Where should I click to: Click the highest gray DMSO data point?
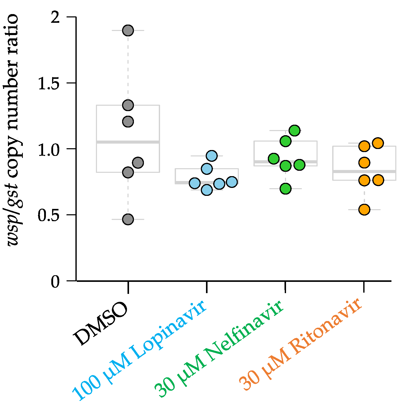click(128, 30)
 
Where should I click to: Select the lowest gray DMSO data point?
click(128, 219)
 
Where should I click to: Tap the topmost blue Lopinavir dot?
click(212, 156)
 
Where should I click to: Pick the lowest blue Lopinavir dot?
click(207, 190)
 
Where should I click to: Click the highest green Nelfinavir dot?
click(294, 131)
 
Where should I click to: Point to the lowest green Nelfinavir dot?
click(286, 189)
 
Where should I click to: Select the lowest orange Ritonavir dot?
click(364, 210)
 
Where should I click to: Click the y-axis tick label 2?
click(55, 17)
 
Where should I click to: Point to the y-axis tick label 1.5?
click(49, 83)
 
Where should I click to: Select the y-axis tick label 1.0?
click(49, 149)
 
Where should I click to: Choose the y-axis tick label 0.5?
click(49, 215)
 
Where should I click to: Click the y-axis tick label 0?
click(55, 282)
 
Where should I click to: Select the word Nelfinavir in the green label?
click(245, 330)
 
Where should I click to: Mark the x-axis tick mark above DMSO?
click(128, 287)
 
